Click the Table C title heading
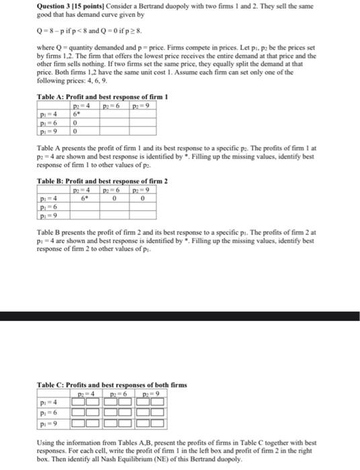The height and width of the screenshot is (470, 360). coord(111,385)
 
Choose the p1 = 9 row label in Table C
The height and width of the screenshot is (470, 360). coord(49,424)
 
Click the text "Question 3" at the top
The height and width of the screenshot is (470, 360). coord(54,6)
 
